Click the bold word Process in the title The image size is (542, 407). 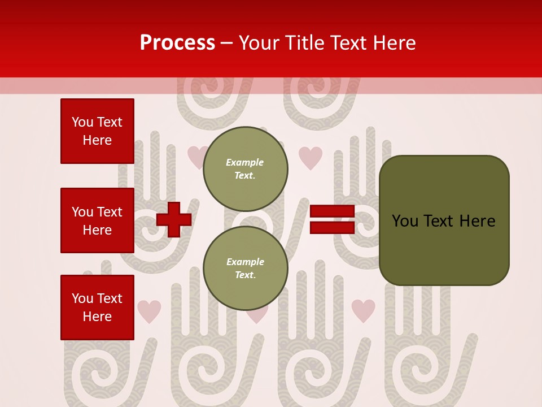(x=177, y=43)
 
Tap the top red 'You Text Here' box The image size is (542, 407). (x=97, y=131)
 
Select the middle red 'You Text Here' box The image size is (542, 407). (x=97, y=220)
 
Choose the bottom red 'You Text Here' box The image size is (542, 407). (x=97, y=308)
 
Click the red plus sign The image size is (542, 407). (x=174, y=219)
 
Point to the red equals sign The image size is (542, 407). (x=332, y=219)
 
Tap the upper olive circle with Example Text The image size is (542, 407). (x=245, y=169)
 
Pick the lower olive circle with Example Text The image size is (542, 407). (x=245, y=269)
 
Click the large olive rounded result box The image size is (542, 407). (x=444, y=220)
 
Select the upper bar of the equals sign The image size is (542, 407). (x=332, y=211)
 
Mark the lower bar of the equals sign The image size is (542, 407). (x=332, y=227)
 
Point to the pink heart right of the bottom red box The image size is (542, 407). (x=149, y=311)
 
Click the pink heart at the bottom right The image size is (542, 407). (x=363, y=310)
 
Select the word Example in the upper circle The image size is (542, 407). (x=245, y=162)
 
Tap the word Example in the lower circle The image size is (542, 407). (x=245, y=262)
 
